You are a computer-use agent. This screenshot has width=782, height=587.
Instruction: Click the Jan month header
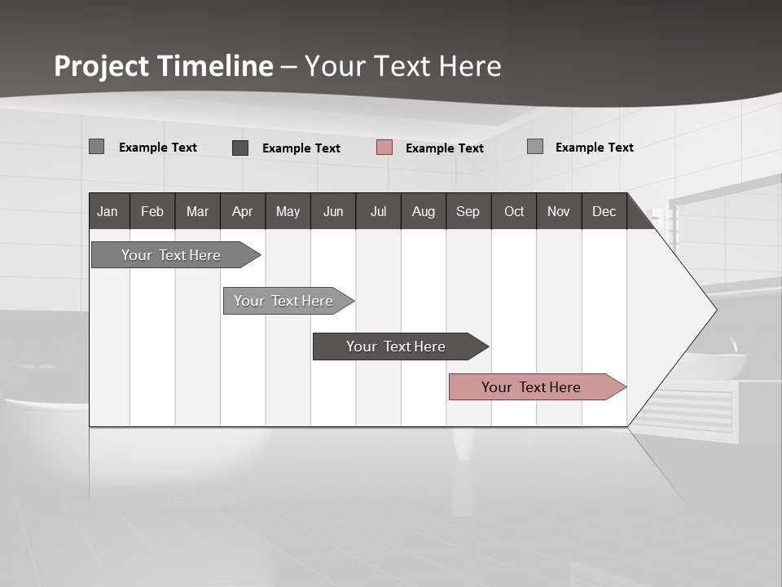108,211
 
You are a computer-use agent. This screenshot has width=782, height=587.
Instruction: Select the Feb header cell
152,211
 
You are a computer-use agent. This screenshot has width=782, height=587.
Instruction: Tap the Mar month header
197,211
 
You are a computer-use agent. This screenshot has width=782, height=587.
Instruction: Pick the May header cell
288,211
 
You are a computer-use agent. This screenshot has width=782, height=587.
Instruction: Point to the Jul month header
378,211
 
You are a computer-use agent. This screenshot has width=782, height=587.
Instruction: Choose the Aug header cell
424,211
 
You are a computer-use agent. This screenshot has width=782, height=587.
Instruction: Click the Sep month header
468,211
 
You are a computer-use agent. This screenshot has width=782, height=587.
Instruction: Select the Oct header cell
514,211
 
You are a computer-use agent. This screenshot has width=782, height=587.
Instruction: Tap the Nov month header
559,211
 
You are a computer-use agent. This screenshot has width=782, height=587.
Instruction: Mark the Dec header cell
604,211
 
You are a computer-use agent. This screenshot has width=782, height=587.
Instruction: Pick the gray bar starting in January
172,255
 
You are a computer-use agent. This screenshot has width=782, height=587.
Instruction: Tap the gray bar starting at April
284,301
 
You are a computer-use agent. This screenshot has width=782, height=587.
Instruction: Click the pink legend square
384,148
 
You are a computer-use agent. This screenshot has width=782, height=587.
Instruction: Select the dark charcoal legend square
240,148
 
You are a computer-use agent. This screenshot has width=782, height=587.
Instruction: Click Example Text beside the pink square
444,148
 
